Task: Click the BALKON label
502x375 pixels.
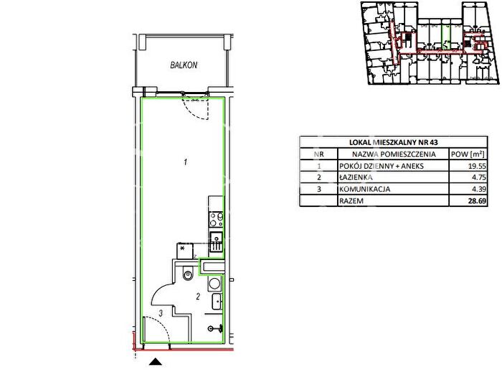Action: coord(184,65)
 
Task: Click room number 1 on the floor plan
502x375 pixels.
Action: coord(185,162)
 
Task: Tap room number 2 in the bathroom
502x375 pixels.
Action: coord(198,297)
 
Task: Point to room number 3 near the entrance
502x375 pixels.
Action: coord(161,312)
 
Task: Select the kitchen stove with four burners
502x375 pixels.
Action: coord(216,219)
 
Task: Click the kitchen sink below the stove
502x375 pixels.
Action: coord(216,241)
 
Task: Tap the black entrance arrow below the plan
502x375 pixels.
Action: coord(156,362)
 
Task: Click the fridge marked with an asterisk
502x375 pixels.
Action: coord(185,251)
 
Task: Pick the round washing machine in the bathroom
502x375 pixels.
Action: coord(214,284)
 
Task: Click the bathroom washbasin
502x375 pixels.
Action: coord(217,302)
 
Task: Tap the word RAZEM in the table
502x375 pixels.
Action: coord(351,201)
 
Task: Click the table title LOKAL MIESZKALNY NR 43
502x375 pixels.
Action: coord(394,142)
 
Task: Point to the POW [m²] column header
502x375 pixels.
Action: coord(468,154)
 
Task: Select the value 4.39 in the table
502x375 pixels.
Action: coord(479,189)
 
